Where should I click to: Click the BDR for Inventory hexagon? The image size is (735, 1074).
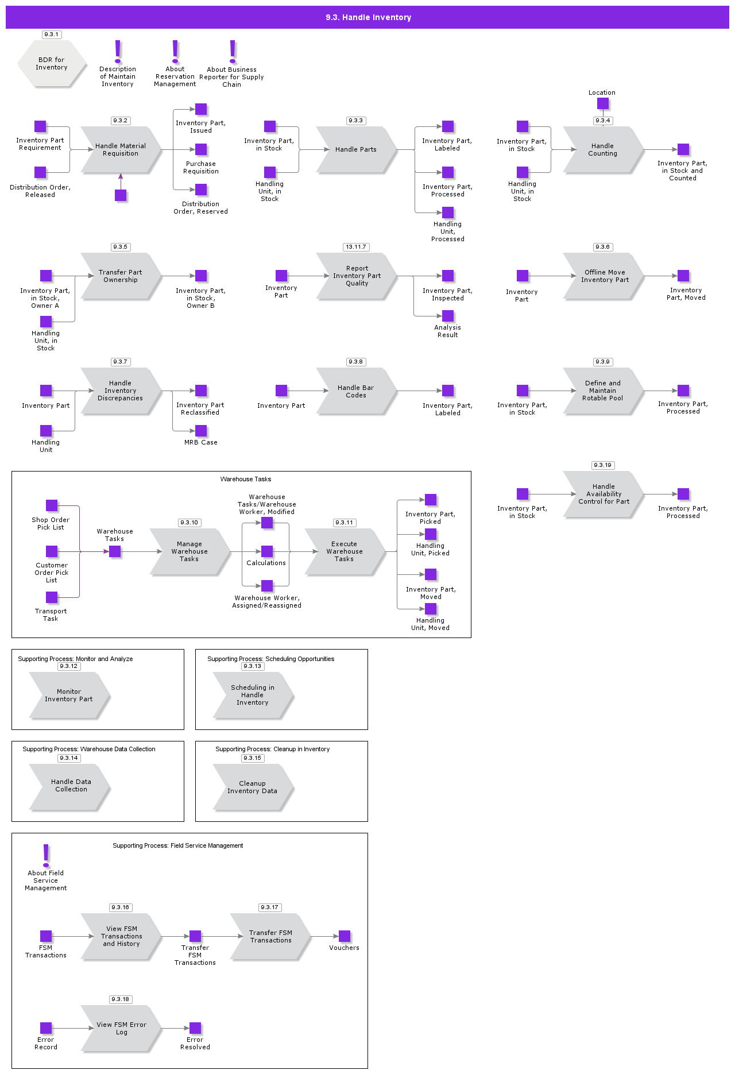tap(52, 64)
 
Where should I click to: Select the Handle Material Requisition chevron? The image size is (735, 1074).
tap(121, 150)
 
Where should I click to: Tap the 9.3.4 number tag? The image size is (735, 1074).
tap(602, 121)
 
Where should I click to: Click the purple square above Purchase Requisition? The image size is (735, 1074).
tap(201, 149)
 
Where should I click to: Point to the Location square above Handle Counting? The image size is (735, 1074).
tap(602, 103)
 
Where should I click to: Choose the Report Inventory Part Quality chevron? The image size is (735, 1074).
tap(357, 276)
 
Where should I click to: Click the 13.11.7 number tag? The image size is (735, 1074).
tap(356, 247)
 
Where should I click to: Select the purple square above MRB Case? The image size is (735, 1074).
tap(201, 431)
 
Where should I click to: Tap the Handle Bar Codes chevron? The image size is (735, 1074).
tap(356, 391)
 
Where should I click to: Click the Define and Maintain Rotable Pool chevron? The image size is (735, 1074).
tap(603, 391)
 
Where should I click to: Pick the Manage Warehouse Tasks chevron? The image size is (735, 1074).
tap(189, 552)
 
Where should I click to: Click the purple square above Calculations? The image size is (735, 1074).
tap(267, 551)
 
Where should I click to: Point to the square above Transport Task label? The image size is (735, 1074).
tap(52, 597)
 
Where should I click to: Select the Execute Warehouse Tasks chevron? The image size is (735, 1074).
tap(345, 552)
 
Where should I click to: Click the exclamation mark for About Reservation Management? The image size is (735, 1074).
tap(175, 52)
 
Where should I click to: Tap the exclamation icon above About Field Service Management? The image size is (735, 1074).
tap(46, 855)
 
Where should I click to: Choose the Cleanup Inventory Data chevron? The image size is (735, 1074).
tap(253, 787)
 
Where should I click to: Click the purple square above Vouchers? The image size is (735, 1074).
tap(345, 936)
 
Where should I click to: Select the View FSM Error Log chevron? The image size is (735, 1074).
tap(121, 1029)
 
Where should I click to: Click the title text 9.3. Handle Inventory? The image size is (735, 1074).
tap(368, 17)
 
